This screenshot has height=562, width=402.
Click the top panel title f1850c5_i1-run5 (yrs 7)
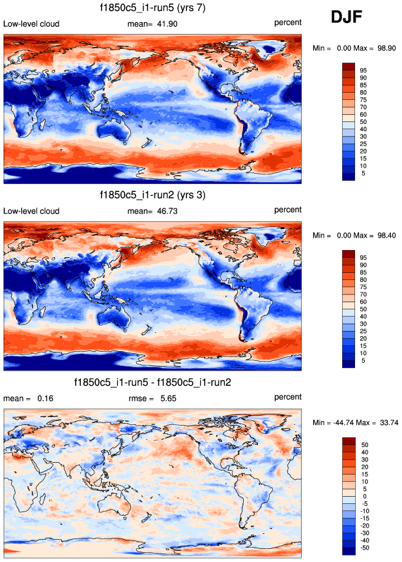click(152, 8)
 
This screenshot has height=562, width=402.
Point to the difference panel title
click(152, 381)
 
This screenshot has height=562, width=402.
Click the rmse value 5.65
click(167, 398)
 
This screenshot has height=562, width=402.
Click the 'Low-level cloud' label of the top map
click(31, 24)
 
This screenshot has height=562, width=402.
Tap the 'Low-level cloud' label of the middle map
click(31, 211)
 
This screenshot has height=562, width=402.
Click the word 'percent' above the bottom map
click(287, 397)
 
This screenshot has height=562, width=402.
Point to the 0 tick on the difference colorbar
click(364, 495)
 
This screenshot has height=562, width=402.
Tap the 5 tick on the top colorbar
click(364, 173)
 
